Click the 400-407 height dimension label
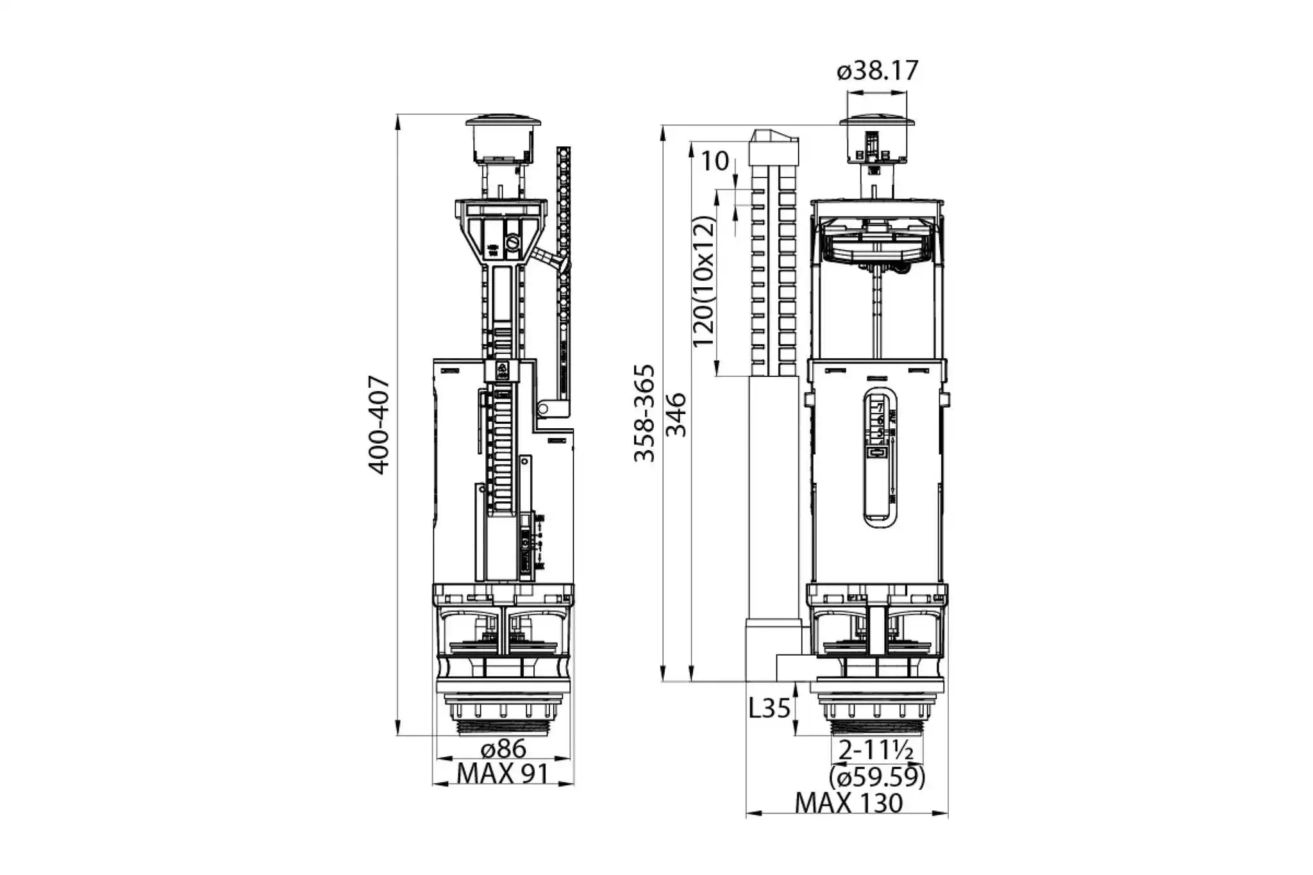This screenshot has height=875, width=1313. pos(379,425)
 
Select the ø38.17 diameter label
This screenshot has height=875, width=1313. pos(877,71)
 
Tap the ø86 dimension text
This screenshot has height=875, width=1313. pos(503,749)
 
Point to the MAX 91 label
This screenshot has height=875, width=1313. pos(503,774)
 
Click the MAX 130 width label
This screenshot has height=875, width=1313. pos(848,803)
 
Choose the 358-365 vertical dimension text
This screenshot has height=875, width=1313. pos(644,413)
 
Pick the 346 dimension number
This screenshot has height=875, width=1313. pos(676,415)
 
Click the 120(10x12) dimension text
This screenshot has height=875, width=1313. pos(704,282)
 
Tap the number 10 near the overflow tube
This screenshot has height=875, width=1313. pos(714,162)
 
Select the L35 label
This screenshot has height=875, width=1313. pos(769,708)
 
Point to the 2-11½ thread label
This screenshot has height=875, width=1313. pos(876,750)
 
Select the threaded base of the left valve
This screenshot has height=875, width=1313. pos(503,728)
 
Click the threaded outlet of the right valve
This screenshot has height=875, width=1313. pos(877,728)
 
